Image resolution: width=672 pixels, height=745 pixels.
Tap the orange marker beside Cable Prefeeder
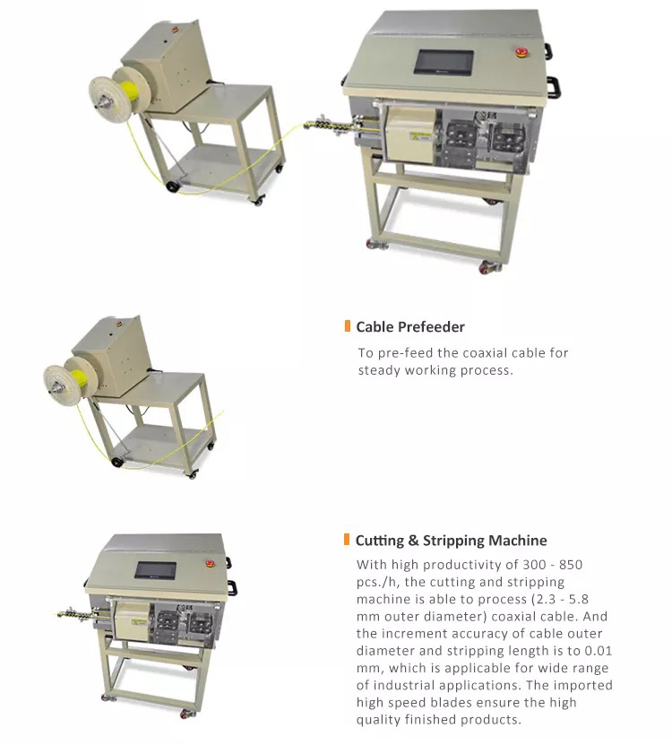347,326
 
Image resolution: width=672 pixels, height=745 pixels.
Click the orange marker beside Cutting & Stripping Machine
347,540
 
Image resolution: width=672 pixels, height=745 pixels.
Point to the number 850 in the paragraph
571,565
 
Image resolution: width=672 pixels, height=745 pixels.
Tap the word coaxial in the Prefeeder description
484,352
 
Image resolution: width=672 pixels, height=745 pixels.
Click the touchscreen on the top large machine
444,62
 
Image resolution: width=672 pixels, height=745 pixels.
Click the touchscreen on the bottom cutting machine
155,570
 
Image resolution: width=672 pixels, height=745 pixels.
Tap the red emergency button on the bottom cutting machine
210,563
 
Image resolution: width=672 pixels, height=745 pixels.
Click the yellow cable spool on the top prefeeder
128,91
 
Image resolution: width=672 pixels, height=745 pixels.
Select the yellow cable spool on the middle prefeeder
79,377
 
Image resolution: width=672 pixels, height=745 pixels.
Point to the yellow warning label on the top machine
420,136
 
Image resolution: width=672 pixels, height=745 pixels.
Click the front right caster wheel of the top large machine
489,267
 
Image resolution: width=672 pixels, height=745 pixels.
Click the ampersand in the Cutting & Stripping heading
413,541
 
